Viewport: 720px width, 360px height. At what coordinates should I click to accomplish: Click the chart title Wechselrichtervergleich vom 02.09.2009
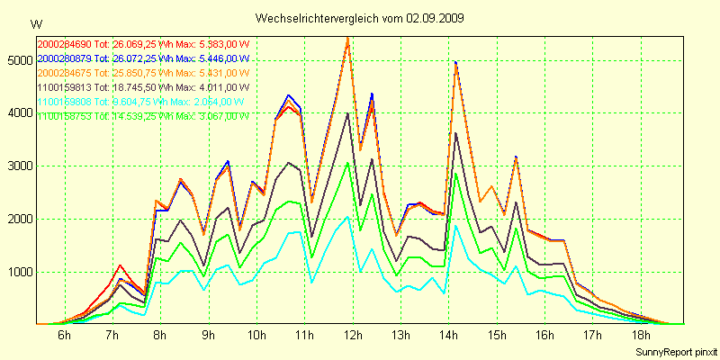point(360,18)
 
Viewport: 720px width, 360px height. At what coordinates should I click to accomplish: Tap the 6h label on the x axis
point(64,336)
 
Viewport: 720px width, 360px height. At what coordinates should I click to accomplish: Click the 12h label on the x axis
point(351,336)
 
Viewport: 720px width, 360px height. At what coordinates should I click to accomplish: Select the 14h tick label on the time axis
point(447,336)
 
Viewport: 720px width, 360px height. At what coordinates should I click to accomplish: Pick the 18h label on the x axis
point(639,336)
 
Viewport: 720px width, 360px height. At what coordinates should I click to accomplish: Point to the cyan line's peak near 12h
point(347,216)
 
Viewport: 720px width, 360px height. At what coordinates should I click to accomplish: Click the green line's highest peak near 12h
point(347,163)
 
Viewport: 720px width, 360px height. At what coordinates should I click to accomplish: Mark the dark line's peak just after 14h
point(456,133)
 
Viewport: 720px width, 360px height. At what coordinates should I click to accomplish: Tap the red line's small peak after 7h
point(121,265)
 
